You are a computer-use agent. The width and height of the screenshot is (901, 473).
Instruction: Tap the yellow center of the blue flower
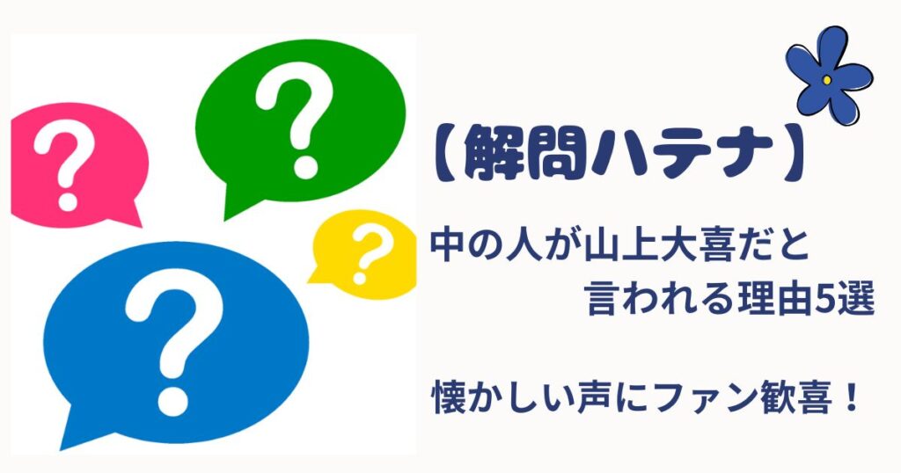pyautogui.click(x=827, y=80)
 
